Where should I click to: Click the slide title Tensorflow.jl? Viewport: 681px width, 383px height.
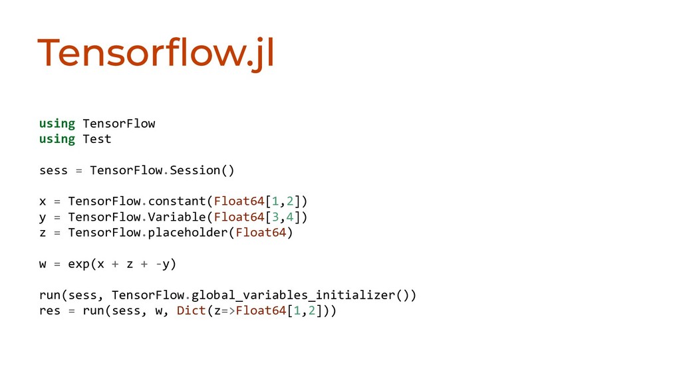156,53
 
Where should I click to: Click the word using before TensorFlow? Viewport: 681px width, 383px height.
57,124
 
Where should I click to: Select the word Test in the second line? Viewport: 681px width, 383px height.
96,139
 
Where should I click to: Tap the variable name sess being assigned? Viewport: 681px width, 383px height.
53,170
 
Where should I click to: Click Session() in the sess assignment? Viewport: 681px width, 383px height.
202,170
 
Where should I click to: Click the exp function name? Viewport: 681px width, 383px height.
78,264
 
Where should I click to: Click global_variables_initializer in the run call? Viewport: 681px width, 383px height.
293,295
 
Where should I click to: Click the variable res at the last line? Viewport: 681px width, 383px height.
50,311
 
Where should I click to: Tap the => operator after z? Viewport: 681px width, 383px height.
227,311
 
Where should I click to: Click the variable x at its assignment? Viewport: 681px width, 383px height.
43,201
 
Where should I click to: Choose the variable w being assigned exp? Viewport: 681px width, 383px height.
43,264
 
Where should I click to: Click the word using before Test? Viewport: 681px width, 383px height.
57,139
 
